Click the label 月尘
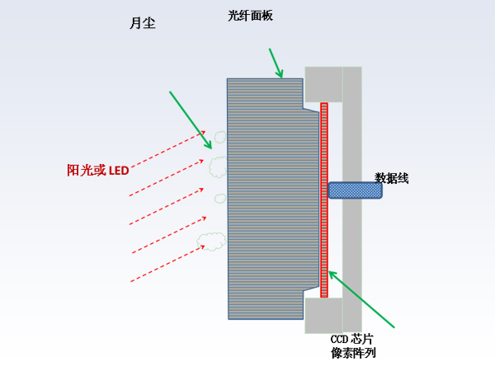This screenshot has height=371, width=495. (143, 23)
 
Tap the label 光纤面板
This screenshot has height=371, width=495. (250, 16)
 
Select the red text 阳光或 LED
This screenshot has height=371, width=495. (98, 171)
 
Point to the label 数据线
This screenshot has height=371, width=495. (391, 178)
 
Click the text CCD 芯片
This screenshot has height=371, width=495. (352, 340)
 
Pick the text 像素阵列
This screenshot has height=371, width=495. (353, 353)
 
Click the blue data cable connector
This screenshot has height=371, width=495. (355, 190)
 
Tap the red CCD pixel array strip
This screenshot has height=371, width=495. (324, 200)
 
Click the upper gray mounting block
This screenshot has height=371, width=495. (323, 84)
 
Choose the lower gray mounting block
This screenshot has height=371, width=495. (323, 316)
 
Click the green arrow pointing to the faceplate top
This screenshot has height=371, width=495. (276, 63)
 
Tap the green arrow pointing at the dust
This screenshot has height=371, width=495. (191, 120)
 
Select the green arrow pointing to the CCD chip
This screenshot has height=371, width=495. (361, 299)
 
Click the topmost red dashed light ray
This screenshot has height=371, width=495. (168, 149)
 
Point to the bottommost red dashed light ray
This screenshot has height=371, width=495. (167, 264)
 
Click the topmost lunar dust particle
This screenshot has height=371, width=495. (220, 137)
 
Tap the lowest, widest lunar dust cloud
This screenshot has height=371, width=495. (211, 242)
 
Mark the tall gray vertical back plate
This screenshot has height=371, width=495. (352, 200)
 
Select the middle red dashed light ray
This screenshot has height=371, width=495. (167, 206)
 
